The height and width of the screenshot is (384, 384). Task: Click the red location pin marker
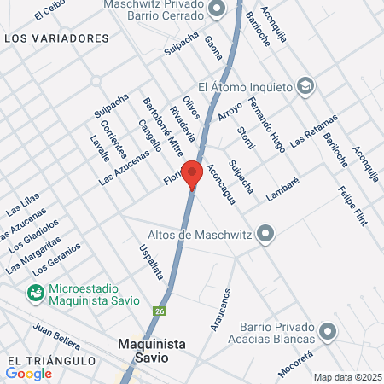pos(192,173)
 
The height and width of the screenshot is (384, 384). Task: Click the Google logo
pos(29,373)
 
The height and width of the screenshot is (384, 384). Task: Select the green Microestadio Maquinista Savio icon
pos(36,294)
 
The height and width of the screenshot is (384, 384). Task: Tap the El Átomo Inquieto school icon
pos(305,85)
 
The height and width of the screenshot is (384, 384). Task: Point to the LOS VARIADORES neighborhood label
pos(56,38)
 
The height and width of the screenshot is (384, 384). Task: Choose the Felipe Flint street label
pos(352,205)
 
